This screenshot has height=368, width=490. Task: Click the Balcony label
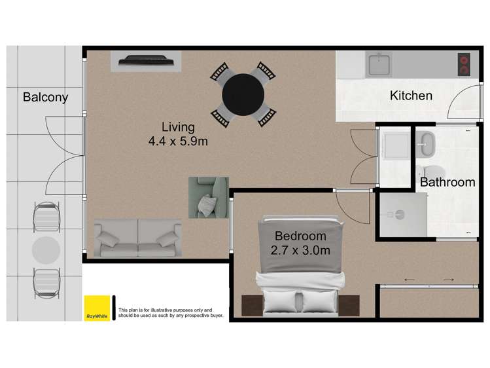pyautogui.click(x=45, y=97)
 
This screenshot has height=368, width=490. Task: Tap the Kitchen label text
pyautogui.click(x=411, y=96)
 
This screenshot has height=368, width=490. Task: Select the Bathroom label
pyautogui.click(x=447, y=182)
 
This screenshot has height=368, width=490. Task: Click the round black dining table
pyautogui.click(x=243, y=94)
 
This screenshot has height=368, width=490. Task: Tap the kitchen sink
pyautogui.click(x=379, y=64)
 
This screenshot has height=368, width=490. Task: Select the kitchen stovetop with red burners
pyautogui.click(x=464, y=64)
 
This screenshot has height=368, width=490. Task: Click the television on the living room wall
pyautogui.click(x=146, y=60)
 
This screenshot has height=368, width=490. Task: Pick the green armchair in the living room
pyautogui.click(x=209, y=197)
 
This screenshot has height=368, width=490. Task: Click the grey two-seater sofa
pyautogui.click(x=138, y=238)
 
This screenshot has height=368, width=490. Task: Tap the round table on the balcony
pyautogui.click(x=46, y=250)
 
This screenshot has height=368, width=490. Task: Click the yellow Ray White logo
pyautogui.click(x=97, y=308)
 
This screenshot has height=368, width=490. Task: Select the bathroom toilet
pyautogui.click(x=430, y=172)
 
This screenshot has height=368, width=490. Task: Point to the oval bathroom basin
pyautogui.click(x=427, y=144)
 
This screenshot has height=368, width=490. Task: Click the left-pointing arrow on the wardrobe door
pyautogui.click(x=410, y=280)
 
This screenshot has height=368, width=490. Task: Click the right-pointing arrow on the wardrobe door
pyautogui.click(x=449, y=280)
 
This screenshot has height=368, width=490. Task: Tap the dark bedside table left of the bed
pyautogui.click(x=253, y=306)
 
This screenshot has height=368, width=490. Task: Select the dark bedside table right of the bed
pyautogui.click(x=349, y=306)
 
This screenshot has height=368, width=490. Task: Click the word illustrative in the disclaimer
pyautogui.click(x=161, y=310)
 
